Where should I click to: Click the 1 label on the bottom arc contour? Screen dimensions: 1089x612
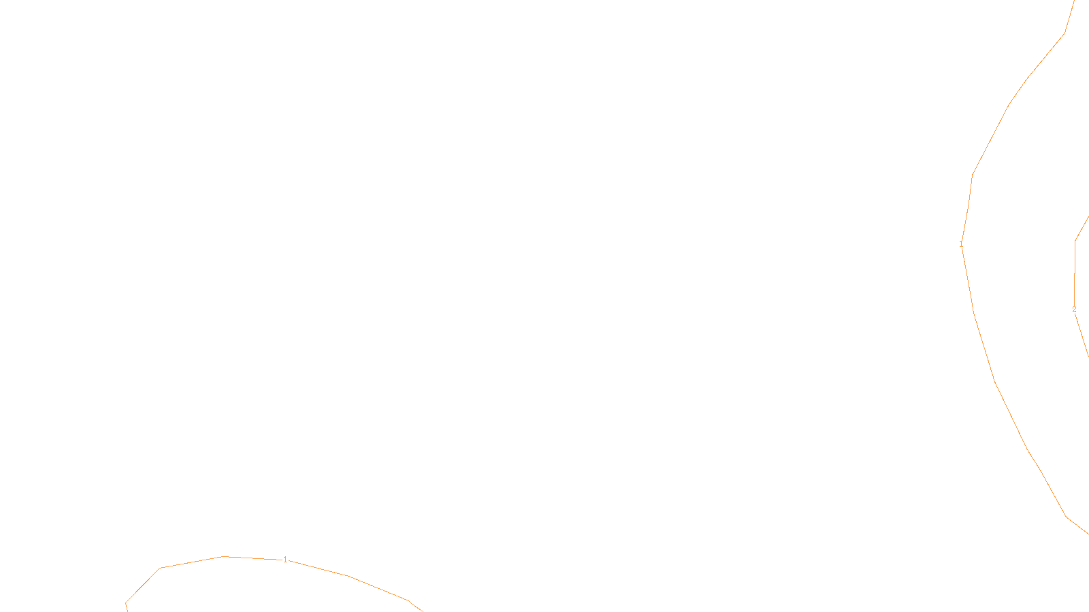click(285, 560)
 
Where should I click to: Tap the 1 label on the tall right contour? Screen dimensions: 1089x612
click(961, 244)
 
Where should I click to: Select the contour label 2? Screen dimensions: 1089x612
click(1074, 309)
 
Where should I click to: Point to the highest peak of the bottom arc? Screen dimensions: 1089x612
click(225, 556)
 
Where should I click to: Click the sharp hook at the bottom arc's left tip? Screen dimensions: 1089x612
click(126, 602)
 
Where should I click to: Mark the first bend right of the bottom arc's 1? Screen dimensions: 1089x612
click(348, 576)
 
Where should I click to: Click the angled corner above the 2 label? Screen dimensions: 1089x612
click(1075, 240)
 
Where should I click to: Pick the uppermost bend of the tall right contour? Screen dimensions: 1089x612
click(1065, 33)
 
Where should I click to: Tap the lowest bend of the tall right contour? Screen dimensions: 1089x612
click(1067, 517)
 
